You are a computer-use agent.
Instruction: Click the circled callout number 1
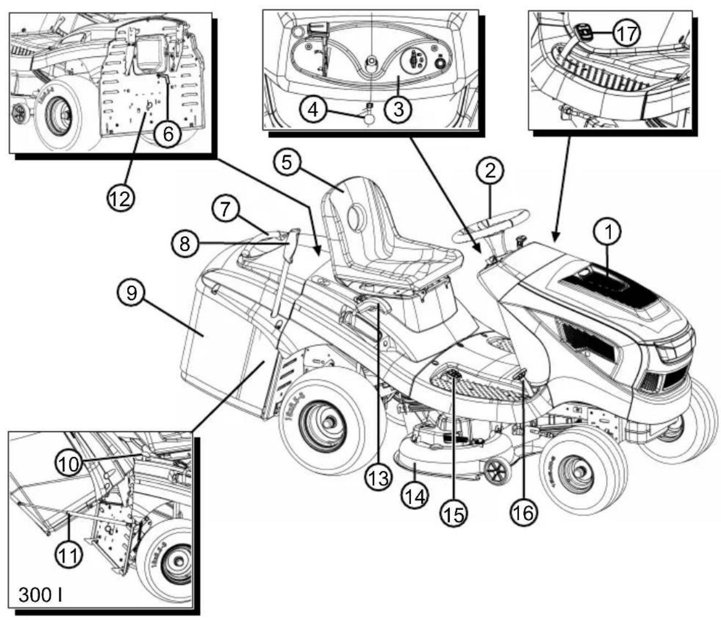coord(608,232)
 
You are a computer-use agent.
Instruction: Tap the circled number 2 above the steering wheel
coord(490,171)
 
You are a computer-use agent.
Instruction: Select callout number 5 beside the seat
coord(287,163)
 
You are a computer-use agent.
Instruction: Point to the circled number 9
coord(132,293)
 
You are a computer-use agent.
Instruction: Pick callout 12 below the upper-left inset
coord(120,198)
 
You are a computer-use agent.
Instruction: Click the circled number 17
coord(627,34)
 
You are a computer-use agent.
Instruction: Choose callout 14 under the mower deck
coord(415,496)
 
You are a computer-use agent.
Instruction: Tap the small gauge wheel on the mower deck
coord(496,470)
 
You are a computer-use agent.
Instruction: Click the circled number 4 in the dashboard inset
coord(313,110)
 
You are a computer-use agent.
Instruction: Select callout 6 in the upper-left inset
coord(168,134)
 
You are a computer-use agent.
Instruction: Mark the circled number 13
coord(379,477)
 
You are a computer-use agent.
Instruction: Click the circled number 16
coord(524,512)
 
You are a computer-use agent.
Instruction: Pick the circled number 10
coord(69,465)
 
